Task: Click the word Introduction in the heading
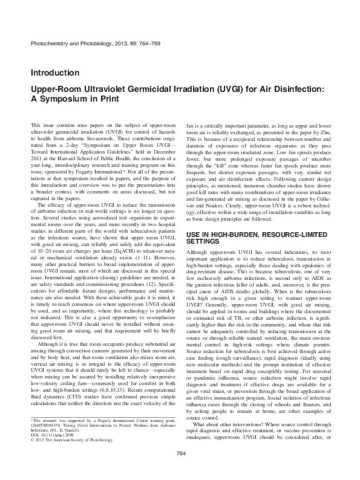[x=54, y=73]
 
